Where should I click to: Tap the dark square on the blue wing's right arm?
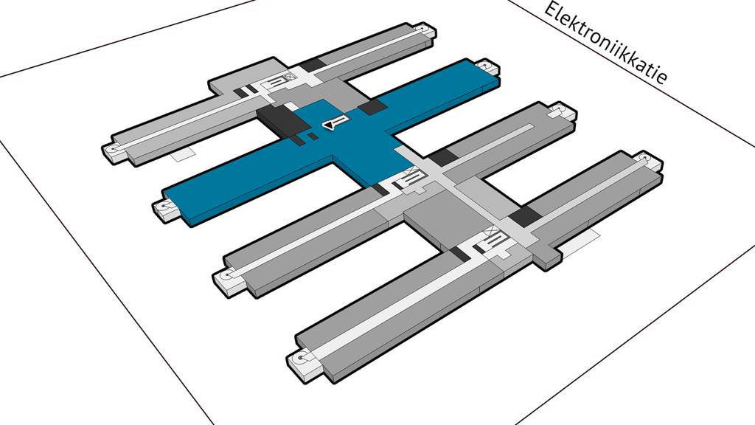coord(372,108)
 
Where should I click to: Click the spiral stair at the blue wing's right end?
coord(487,68)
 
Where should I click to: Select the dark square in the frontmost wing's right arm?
coord(523,216)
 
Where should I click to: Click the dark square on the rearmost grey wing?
coord(312,65)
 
